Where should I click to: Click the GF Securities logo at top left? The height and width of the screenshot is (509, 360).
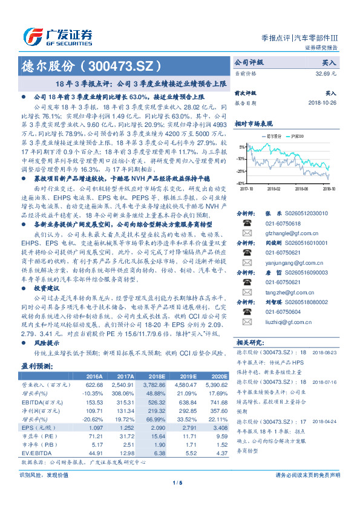(57, 34)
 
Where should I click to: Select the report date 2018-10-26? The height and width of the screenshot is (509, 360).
(320, 102)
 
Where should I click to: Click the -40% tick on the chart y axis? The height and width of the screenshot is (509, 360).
(240, 182)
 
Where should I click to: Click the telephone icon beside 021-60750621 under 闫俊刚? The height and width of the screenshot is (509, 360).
(246, 251)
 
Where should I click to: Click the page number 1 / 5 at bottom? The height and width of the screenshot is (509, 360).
(178, 499)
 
